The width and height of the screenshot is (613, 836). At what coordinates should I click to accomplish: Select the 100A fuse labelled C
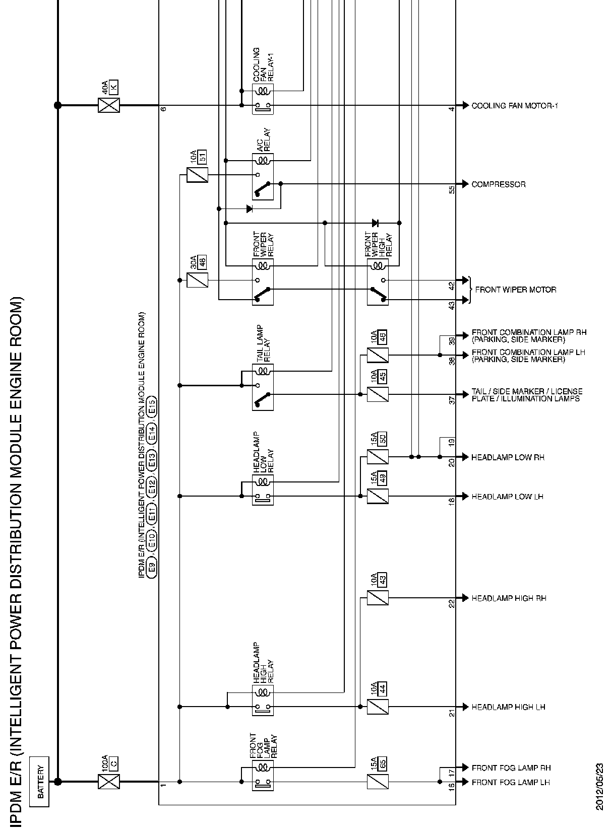click(x=109, y=781)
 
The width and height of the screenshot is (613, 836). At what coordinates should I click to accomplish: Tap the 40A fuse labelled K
click(x=109, y=105)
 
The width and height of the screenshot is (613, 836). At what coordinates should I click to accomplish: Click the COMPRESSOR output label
click(x=498, y=184)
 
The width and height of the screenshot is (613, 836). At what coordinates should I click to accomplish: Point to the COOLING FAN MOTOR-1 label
click(x=514, y=106)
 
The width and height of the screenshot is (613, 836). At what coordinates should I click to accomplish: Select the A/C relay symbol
click(x=263, y=176)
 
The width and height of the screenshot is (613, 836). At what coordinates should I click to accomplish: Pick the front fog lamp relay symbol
click(x=263, y=775)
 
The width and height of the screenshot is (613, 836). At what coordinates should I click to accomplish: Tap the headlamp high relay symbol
click(x=263, y=700)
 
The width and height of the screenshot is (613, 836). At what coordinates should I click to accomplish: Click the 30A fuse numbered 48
click(x=197, y=280)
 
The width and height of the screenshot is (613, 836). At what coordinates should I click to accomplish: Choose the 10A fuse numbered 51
click(x=197, y=175)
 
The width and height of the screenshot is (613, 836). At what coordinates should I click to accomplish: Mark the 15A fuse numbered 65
click(x=378, y=782)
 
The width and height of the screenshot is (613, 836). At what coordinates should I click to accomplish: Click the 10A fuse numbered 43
click(x=378, y=598)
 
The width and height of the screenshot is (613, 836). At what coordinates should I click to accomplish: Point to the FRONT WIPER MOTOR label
click(x=515, y=290)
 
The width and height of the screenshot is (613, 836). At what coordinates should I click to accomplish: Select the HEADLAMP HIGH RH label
click(x=509, y=598)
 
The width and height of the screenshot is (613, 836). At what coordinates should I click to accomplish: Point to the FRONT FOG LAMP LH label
click(x=510, y=782)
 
